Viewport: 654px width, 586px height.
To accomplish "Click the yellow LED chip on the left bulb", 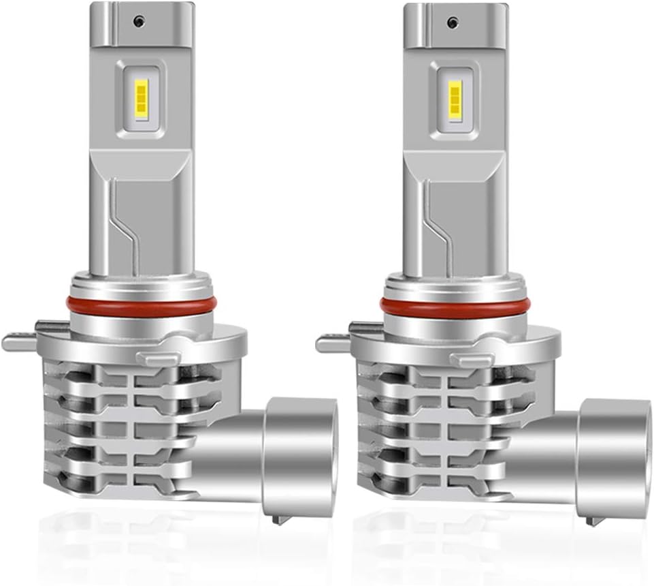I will (x=142, y=99).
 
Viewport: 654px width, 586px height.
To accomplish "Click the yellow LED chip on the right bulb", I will (x=455, y=99).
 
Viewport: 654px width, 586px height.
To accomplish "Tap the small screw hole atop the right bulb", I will (x=451, y=21).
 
